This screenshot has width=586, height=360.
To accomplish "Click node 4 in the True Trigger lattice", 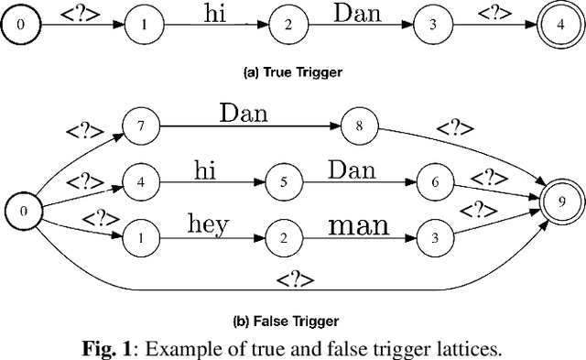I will click(561, 25).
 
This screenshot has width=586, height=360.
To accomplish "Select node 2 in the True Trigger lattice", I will click(288, 25).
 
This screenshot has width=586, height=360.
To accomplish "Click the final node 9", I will click(561, 199).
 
